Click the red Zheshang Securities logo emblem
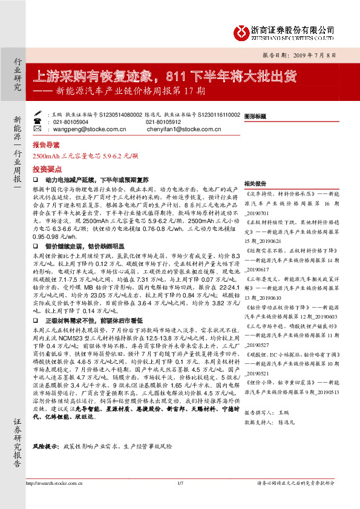(x=241, y=30)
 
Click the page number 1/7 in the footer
(x=180, y=499)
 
